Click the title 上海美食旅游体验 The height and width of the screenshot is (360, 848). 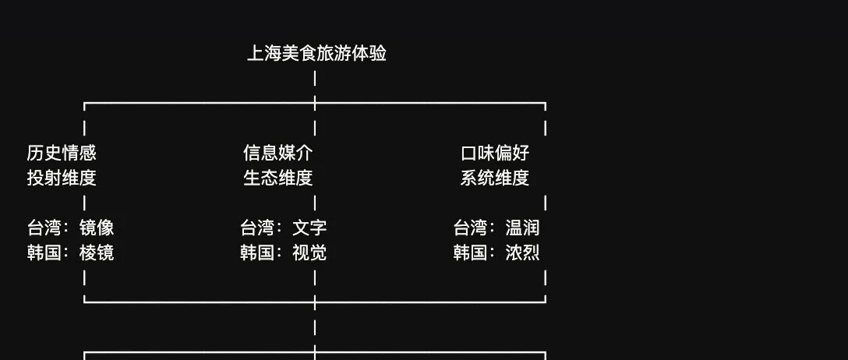(x=316, y=54)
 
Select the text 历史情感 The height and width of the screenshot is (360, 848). (x=62, y=153)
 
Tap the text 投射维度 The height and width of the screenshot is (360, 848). (x=62, y=178)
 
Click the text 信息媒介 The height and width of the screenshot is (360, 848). (x=277, y=153)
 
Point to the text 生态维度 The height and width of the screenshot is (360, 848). (x=277, y=178)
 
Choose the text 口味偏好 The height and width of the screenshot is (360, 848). (x=495, y=153)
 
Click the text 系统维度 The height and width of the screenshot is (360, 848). (x=495, y=178)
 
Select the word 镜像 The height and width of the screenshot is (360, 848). (x=97, y=228)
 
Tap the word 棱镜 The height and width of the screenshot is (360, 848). (x=97, y=252)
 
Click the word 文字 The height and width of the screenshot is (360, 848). (x=309, y=228)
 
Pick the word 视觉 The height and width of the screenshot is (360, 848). (x=309, y=252)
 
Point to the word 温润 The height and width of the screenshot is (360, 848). (x=522, y=228)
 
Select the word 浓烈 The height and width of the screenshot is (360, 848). (x=522, y=252)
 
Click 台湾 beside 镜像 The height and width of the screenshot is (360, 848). (x=44, y=228)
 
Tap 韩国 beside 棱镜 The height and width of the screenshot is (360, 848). (x=44, y=252)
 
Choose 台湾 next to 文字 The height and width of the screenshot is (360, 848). (x=257, y=228)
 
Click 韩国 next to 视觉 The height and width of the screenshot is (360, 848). (x=257, y=252)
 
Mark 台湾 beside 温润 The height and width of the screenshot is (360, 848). (x=471, y=228)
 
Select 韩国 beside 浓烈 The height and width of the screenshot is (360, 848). (x=471, y=252)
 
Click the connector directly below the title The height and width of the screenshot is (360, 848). (x=315, y=79)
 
